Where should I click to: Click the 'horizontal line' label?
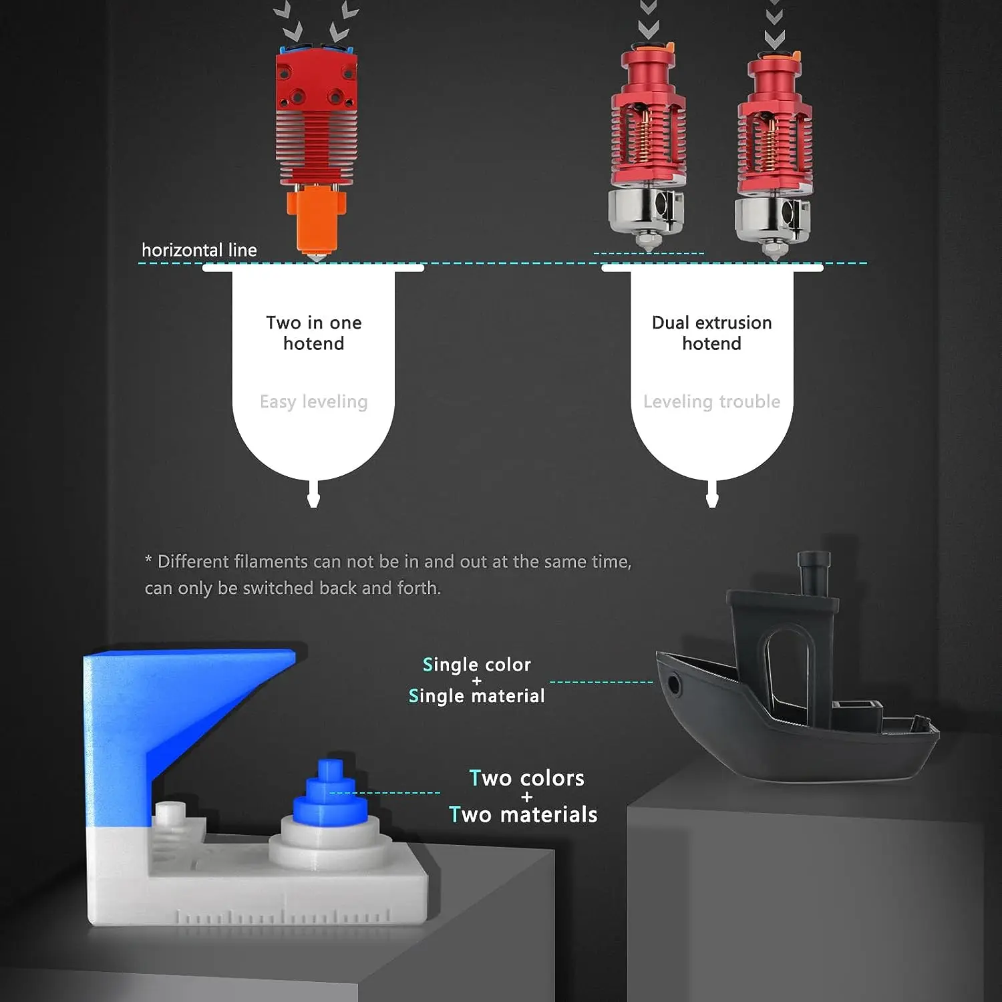[x=199, y=250]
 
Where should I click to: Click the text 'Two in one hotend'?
[x=313, y=333]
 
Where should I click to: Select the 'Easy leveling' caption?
[x=313, y=401]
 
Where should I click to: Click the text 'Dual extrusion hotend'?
[x=711, y=333]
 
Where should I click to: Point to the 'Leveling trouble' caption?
[x=711, y=401]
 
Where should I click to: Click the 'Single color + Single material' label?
[x=476, y=680]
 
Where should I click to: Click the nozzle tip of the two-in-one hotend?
[x=317, y=257]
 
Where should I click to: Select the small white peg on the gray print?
[x=170, y=812]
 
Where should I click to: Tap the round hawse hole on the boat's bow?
[x=673, y=685]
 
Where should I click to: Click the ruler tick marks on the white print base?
[x=281, y=916]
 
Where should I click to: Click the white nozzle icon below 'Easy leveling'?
[x=313, y=496]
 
